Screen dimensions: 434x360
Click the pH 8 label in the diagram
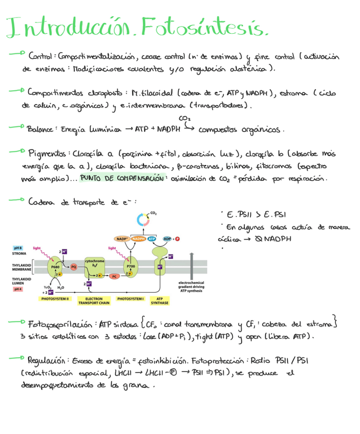(x=18, y=248)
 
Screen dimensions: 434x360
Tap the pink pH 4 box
(x=18, y=289)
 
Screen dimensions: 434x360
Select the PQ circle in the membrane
(x=73, y=267)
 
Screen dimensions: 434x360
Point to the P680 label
(x=55, y=267)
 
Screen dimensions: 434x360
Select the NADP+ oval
(x=122, y=238)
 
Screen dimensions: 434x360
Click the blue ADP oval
(x=167, y=238)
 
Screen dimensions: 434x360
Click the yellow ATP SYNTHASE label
(x=159, y=301)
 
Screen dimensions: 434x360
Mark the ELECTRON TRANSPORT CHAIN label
(x=94, y=301)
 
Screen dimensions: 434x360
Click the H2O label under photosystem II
(x=60, y=288)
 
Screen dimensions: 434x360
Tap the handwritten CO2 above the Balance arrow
(x=185, y=118)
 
